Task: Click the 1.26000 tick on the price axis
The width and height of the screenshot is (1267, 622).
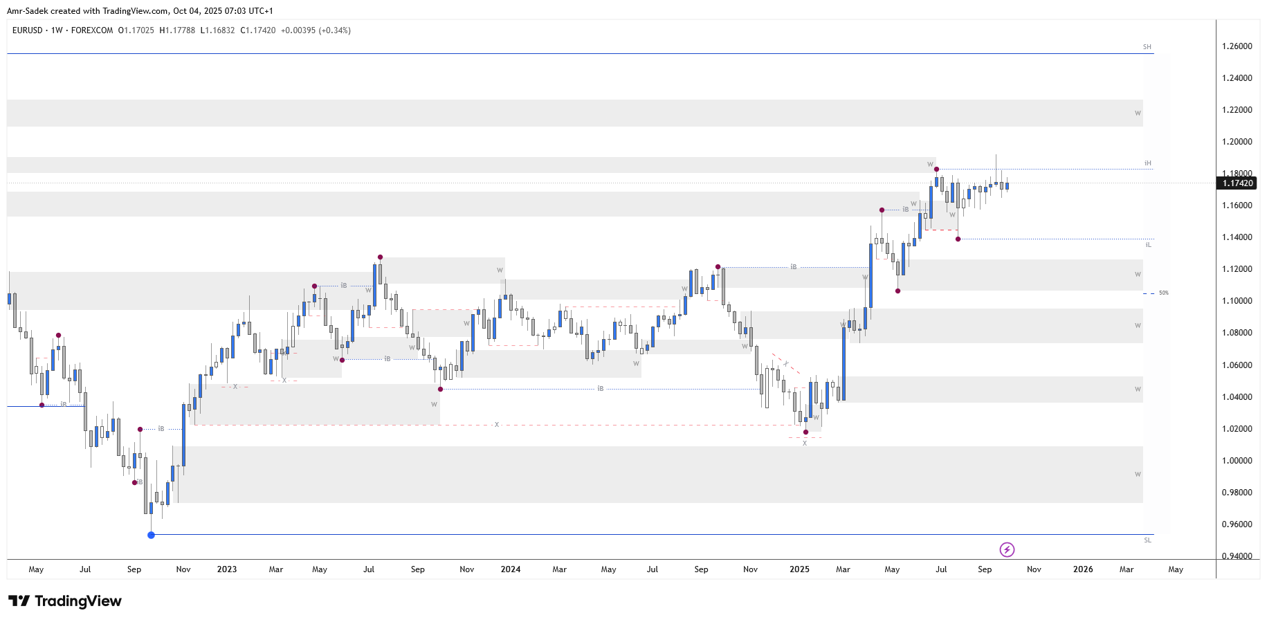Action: pyautogui.click(x=1237, y=46)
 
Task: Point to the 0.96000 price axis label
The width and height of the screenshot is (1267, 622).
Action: pyautogui.click(x=1237, y=524)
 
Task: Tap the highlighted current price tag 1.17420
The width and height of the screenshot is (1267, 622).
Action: pyautogui.click(x=1237, y=183)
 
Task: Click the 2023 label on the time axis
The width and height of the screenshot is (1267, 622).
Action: pyautogui.click(x=226, y=569)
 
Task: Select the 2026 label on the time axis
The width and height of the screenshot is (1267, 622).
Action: pyautogui.click(x=1083, y=569)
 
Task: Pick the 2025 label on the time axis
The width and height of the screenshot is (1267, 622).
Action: pyautogui.click(x=799, y=569)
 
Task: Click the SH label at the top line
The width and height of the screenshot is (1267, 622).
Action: pyautogui.click(x=1147, y=47)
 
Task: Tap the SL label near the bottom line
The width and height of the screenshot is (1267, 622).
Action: pyautogui.click(x=1148, y=540)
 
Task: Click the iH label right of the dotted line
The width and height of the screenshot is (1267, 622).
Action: pyautogui.click(x=1148, y=164)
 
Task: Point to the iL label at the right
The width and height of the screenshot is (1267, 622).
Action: pyautogui.click(x=1148, y=245)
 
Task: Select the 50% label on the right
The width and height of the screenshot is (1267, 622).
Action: pyautogui.click(x=1164, y=293)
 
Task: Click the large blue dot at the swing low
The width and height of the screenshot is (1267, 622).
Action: pyautogui.click(x=152, y=535)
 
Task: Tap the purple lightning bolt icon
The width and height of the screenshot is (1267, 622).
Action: pyautogui.click(x=1007, y=550)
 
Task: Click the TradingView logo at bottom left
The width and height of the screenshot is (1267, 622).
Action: pyautogui.click(x=65, y=601)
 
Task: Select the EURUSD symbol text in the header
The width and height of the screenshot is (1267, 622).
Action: pyautogui.click(x=28, y=30)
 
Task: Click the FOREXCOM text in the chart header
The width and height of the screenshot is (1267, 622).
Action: pyautogui.click(x=92, y=30)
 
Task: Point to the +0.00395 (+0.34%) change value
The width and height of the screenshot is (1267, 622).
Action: pyautogui.click(x=316, y=30)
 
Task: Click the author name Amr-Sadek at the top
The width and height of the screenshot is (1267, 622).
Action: pyautogui.click(x=27, y=11)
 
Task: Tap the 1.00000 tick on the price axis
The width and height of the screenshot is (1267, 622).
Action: pyautogui.click(x=1237, y=461)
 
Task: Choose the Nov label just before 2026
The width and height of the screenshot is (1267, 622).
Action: pyautogui.click(x=1034, y=569)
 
